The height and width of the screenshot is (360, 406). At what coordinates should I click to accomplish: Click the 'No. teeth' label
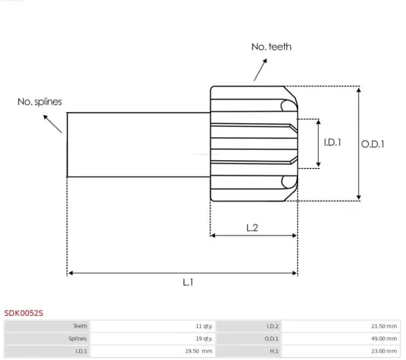point(271,46)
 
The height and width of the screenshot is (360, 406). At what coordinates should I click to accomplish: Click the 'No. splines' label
point(40,102)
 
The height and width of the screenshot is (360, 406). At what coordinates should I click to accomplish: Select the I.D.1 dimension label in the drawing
point(333,143)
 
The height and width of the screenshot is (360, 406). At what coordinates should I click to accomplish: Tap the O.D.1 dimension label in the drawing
point(373,144)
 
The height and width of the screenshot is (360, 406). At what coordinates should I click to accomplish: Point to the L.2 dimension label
point(252,228)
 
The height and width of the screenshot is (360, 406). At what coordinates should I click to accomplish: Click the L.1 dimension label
point(188,282)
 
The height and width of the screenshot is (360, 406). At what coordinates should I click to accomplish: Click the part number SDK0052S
point(24,313)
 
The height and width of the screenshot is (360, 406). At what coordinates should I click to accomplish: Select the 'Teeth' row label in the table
point(80,325)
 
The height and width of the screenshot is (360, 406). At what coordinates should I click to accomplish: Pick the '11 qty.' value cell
point(204,325)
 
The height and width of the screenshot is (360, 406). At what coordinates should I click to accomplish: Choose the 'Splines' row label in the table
point(78,338)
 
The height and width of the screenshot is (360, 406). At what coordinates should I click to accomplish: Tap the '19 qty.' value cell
point(204,338)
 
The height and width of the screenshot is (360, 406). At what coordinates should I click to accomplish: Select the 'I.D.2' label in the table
point(271,325)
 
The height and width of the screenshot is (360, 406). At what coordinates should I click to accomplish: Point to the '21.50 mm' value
point(382,325)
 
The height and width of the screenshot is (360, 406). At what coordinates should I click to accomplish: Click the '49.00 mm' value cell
point(382,338)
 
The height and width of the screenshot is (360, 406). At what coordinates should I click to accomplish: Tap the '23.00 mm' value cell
point(382,351)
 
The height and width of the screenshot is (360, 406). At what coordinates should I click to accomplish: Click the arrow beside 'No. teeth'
point(259,70)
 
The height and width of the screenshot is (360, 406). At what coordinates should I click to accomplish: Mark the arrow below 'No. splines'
point(54,123)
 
